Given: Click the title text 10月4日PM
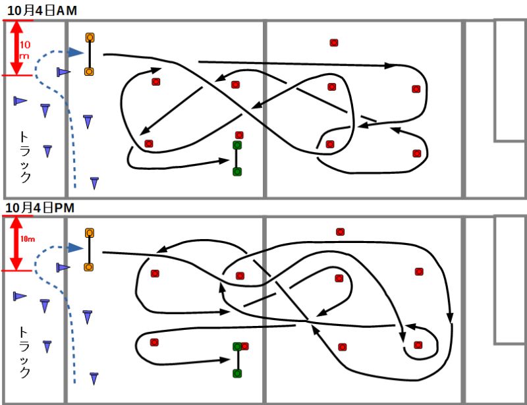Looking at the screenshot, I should tap(39, 207).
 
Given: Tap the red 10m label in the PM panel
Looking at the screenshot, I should tap(28, 238).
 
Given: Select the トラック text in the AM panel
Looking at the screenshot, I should tap(24, 157).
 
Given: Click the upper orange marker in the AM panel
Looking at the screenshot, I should tap(89, 38).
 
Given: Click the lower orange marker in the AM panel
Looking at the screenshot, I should tap(89, 70).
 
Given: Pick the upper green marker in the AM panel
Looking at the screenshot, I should tap(237, 145).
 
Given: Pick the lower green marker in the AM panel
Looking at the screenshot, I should tap(237, 171).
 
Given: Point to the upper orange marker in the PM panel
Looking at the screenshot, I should tap(89, 233).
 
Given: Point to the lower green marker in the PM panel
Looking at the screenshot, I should tap(237, 373).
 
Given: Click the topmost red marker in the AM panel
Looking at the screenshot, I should tap(334, 43).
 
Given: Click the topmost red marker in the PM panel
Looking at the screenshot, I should tap(340, 232).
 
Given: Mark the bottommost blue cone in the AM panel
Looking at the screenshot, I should tap(94, 182).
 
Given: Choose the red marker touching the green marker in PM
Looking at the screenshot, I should tap(245, 346).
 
